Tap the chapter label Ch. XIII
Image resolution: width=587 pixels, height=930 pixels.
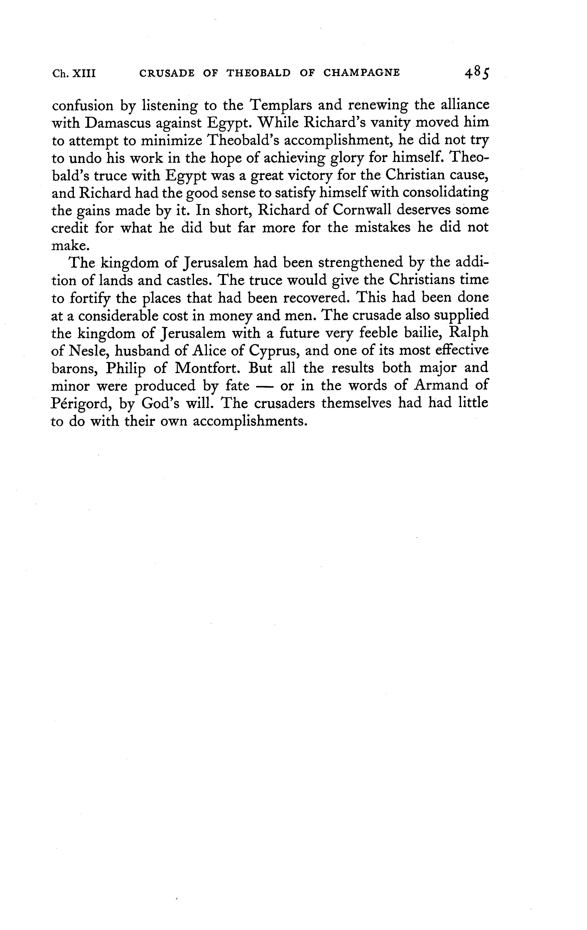tap(73, 73)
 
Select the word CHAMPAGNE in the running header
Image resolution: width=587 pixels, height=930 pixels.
tap(361, 73)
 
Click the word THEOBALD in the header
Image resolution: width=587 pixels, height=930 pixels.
tap(258, 73)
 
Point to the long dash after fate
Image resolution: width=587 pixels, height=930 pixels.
tap(265, 386)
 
